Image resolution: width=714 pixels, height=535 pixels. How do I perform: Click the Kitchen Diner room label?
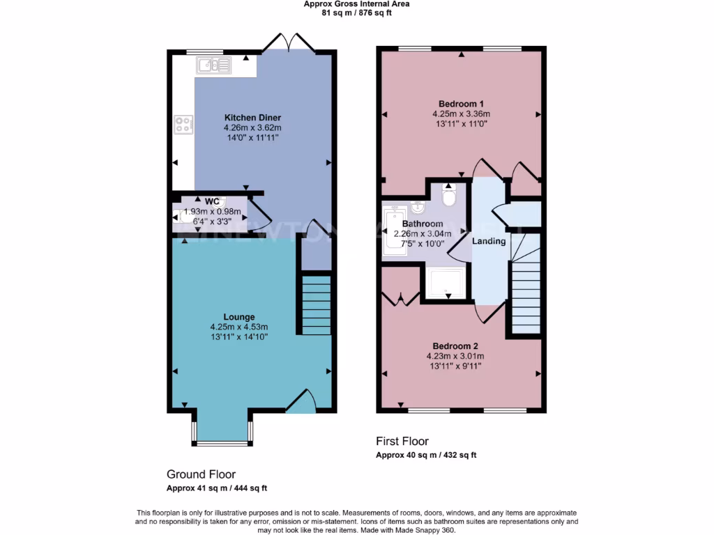pyautogui.click(x=252, y=118)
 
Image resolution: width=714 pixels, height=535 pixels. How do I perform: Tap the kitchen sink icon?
pyautogui.click(x=214, y=65)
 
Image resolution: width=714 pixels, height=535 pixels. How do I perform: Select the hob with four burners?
pyautogui.click(x=183, y=125)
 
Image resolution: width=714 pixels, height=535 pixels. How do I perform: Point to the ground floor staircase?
pyautogui.click(x=317, y=305)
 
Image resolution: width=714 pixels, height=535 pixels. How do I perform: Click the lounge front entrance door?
pyautogui.click(x=301, y=403)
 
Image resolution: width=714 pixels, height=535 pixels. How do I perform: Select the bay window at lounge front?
pyautogui.click(x=222, y=442)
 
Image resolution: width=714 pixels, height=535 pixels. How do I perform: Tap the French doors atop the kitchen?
pyautogui.click(x=289, y=42)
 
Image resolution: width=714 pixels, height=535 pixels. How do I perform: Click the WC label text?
pyautogui.click(x=213, y=202)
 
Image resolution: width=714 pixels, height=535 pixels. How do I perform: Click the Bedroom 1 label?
pyautogui.click(x=461, y=104)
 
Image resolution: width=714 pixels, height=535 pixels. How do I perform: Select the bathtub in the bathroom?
pyautogui.click(x=395, y=230)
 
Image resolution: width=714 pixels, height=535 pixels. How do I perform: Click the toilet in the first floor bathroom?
pyautogui.click(x=448, y=196)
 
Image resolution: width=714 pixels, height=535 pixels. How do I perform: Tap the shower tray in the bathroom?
pyautogui.click(x=445, y=283)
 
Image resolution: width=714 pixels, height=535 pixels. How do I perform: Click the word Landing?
pyautogui.click(x=489, y=241)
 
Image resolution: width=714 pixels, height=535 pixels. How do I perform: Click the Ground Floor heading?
pyautogui.click(x=201, y=474)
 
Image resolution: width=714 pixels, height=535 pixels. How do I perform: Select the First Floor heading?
pyautogui.click(x=402, y=441)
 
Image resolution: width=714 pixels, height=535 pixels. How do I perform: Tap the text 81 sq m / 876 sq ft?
pyautogui.click(x=356, y=12)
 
